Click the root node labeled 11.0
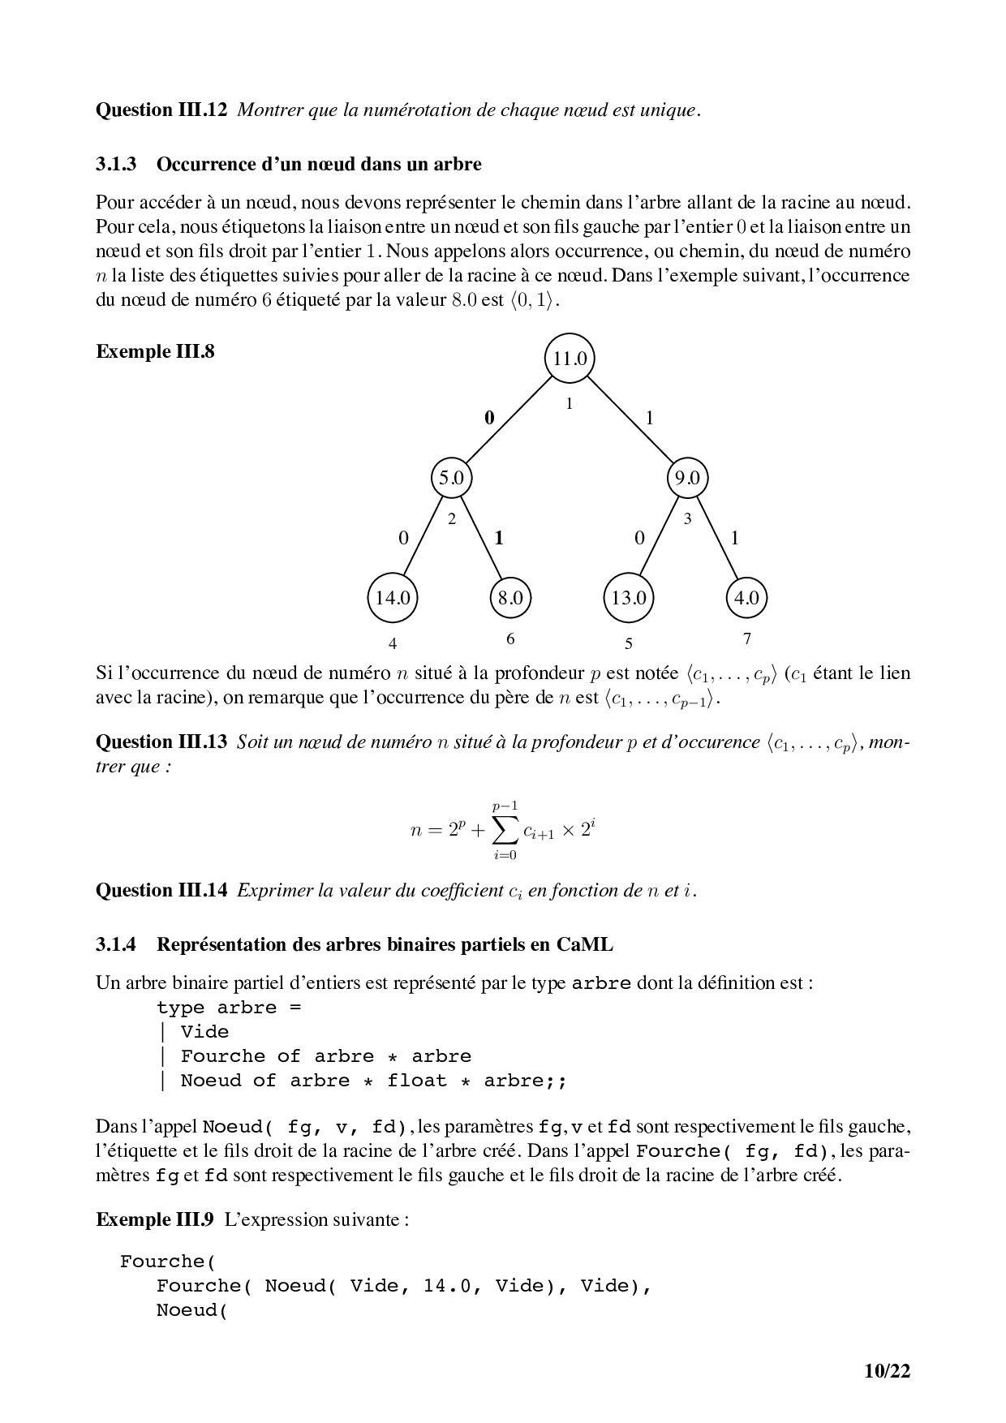[x=570, y=358]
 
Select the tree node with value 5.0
[x=451, y=478]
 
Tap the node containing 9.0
[x=687, y=478]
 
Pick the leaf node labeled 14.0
[x=393, y=598]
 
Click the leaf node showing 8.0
[x=510, y=598]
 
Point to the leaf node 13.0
[x=629, y=598]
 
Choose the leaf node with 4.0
[x=746, y=598]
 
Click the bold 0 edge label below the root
[x=489, y=418]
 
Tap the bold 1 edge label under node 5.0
[x=499, y=537]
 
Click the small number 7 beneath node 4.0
[x=747, y=638]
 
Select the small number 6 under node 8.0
[x=510, y=638]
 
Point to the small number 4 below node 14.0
[x=393, y=643]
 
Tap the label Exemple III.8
[x=155, y=351]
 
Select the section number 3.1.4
[x=116, y=944]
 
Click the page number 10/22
[x=888, y=1371]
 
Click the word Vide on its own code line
[x=204, y=1032]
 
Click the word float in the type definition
[x=417, y=1081]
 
